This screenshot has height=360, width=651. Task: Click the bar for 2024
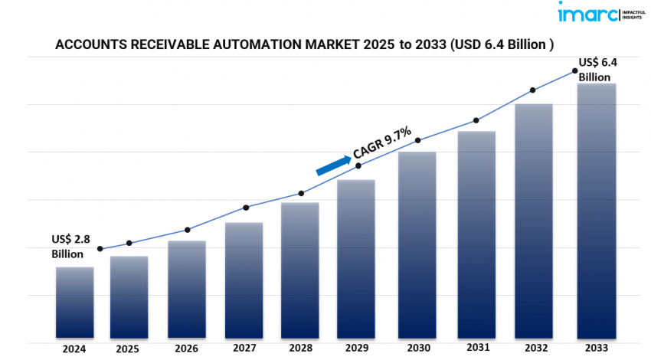click(x=74, y=303)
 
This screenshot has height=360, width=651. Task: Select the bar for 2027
click(x=244, y=280)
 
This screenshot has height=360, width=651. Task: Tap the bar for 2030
click(x=418, y=245)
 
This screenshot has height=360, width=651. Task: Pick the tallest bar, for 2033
click(x=597, y=211)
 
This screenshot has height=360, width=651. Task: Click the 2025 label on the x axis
click(x=128, y=349)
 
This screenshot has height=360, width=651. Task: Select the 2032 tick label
click(x=534, y=349)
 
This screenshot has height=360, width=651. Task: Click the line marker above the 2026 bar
click(x=188, y=230)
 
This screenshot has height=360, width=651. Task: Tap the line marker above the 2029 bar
click(x=359, y=165)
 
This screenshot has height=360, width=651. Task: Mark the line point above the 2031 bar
click(x=476, y=120)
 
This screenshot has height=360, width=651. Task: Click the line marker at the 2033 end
click(x=574, y=72)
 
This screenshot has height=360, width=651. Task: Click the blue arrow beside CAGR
click(x=334, y=164)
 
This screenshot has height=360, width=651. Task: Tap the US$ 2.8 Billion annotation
click(x=70, y=247)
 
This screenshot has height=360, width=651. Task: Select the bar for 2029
click(x=356, y=259)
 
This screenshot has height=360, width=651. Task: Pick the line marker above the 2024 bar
click(x=100, y=249)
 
